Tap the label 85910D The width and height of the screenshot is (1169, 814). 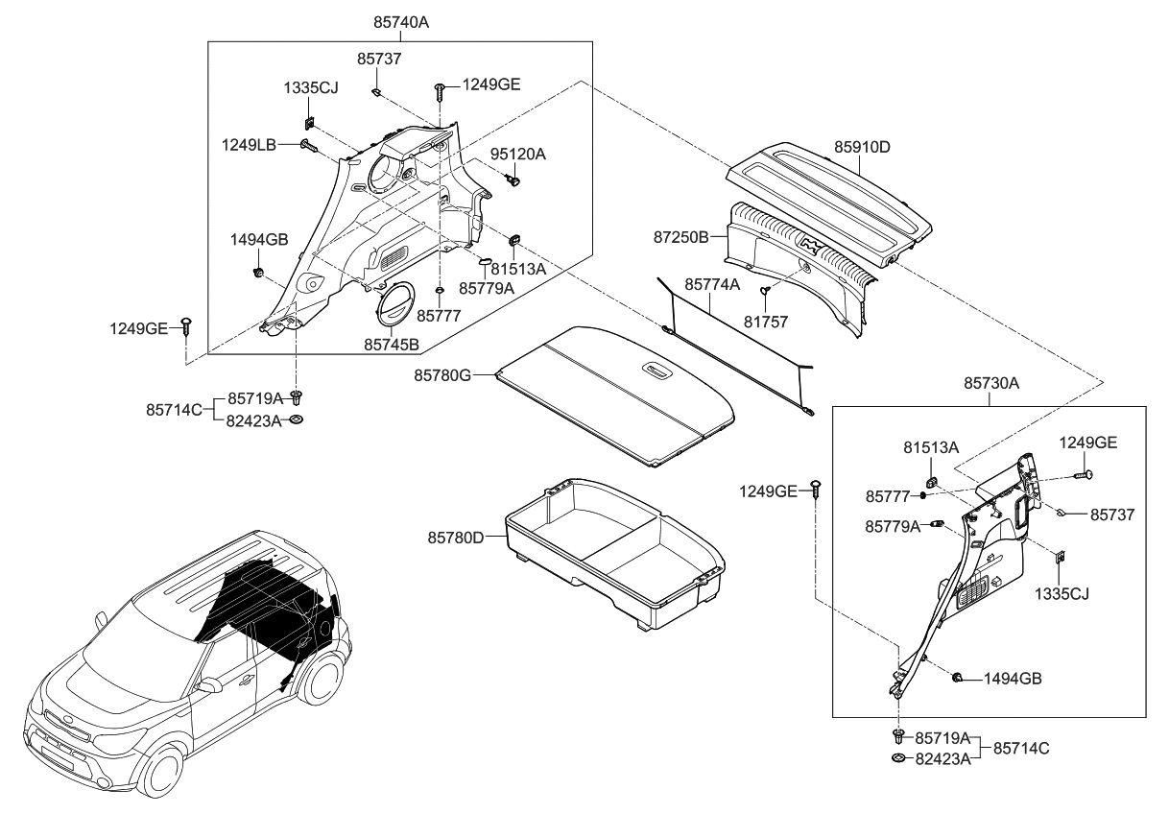[x=861, y=148]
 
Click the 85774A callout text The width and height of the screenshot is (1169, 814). [x=712, y=285]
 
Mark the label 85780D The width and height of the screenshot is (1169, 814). [x=456, y=538]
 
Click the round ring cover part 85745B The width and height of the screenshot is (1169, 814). [x=395, y=302]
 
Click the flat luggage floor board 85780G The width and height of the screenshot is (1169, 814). [x=614, y=394]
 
